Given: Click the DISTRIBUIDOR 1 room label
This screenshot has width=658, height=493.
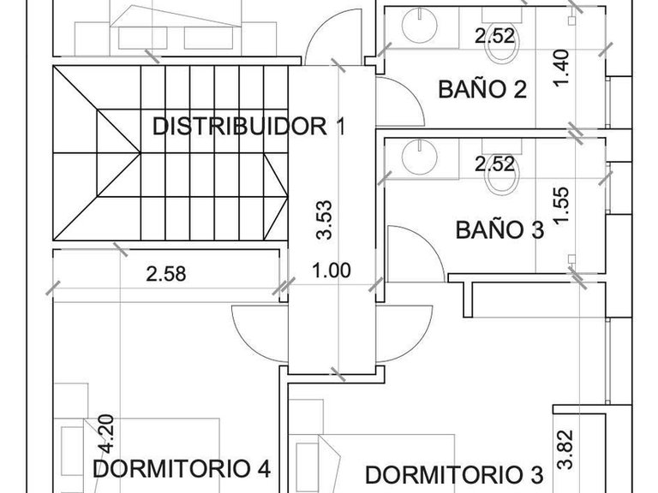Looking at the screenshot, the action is pos(249,126).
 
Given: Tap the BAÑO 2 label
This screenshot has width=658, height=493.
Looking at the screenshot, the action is pos(482,89).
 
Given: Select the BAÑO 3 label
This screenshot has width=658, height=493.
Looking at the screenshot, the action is pos(499,229).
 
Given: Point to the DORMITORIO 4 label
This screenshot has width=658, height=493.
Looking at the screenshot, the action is pos(182,468).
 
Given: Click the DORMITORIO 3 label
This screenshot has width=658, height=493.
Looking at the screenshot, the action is pos(454,474).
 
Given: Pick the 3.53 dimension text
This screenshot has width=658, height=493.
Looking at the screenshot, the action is pos(325,220).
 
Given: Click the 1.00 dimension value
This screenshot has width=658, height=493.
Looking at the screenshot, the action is pos(332,270).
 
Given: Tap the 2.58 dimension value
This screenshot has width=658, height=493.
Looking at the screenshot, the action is pos(166,274).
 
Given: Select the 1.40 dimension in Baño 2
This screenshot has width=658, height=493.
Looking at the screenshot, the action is pos(561,68).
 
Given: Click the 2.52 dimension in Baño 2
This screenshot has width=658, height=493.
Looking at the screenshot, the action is pos(494,36).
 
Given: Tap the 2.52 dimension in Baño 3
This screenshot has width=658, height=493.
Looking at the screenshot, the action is pos(494,164).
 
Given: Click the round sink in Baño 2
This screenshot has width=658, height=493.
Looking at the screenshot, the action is pos(420,24).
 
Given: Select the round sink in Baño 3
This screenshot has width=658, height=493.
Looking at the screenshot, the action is pos(420,157).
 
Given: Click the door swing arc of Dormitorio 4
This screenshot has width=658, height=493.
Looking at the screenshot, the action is pos(246,338).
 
